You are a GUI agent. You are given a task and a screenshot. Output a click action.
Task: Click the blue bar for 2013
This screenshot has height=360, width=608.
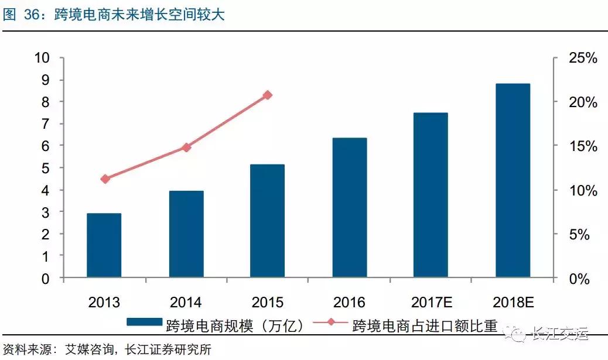104,245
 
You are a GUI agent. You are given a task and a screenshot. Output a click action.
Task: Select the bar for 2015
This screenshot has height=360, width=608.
268,221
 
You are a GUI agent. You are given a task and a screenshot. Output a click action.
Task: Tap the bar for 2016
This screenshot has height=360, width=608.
350,208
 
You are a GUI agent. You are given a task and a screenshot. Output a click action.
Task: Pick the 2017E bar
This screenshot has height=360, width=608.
431,195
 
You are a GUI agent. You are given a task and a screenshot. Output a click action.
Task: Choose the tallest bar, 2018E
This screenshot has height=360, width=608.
513,180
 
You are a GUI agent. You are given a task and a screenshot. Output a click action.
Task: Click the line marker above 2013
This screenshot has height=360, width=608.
105,179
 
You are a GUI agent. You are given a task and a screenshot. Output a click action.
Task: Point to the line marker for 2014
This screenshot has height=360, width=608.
186,148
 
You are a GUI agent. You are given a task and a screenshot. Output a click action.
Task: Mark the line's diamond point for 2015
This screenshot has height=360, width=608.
268,95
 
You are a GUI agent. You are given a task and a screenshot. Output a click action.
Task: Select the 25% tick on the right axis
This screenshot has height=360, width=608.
582,58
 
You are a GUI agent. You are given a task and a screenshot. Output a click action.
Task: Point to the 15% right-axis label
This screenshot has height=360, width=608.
582,146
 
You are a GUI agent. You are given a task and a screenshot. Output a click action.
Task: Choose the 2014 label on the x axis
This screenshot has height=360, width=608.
186,303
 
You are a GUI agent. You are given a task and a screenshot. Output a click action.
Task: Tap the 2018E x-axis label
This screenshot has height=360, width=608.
513,303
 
